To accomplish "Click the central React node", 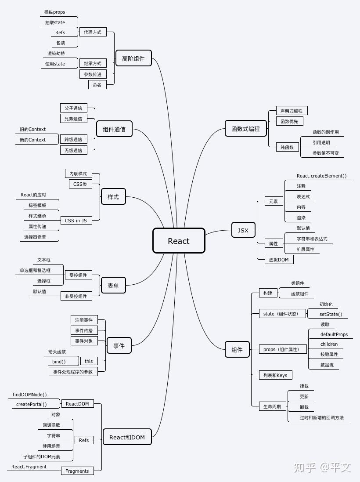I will [x=179, y=241].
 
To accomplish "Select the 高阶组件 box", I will [x=133, y=58].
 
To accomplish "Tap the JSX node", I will [x=243, y=230].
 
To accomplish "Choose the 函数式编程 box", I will [x=246, y=129].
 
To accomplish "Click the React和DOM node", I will [x=127, y=437].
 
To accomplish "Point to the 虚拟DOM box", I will [x=279, y=260].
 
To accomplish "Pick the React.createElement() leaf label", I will [x=321, y=176].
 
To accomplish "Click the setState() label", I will [x=331, y=314].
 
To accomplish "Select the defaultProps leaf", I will [x=334, y=334].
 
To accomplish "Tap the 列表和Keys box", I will [x=275, y=375].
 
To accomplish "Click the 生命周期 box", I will [x=272, y=406].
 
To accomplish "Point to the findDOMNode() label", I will [x=29, y=395].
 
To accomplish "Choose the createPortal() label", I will [x=31, y=404].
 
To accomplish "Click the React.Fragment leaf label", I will [x=29, y=467].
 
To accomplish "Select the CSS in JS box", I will [x=76, y=221].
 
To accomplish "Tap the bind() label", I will [x=59, y=362].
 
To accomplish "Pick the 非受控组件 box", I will [x=76, y=296].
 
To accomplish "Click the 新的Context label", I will [x=32, y=140].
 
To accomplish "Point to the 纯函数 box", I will [x=287, y=148].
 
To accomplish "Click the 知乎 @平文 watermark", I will [x=322, y=467].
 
